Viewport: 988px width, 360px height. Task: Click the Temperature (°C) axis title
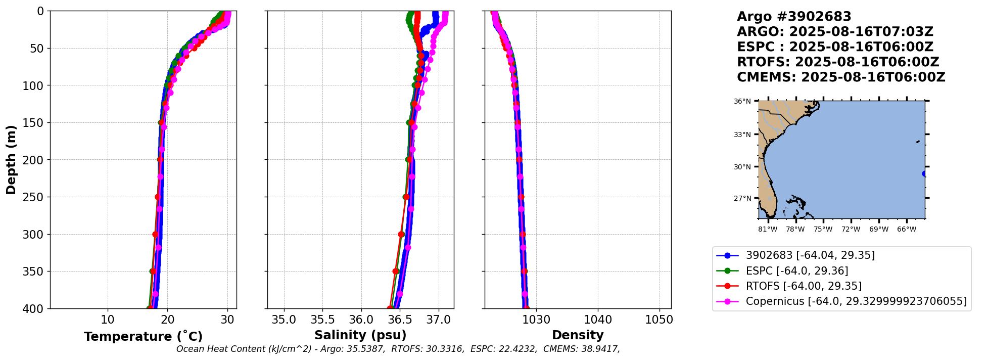(143, 337)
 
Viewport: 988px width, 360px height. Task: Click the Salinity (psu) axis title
(360, 335)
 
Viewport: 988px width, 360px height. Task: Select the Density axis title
(578, 335)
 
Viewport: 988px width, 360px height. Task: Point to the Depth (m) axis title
(11, 159)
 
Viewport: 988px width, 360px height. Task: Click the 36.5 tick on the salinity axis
(400, 320)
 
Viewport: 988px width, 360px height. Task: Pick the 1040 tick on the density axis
(598, 320)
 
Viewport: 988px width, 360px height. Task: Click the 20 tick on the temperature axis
(167, 320)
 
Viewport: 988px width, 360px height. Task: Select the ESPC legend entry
(797, 271)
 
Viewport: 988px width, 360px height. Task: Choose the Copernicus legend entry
(856, 301)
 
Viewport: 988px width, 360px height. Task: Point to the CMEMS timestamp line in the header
(841, 77)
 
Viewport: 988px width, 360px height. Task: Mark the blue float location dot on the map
(924, 173)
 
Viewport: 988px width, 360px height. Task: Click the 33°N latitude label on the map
(742, 134)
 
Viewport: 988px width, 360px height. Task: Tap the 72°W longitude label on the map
(851, 230)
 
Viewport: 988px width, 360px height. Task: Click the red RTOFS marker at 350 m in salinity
(396, 272)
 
